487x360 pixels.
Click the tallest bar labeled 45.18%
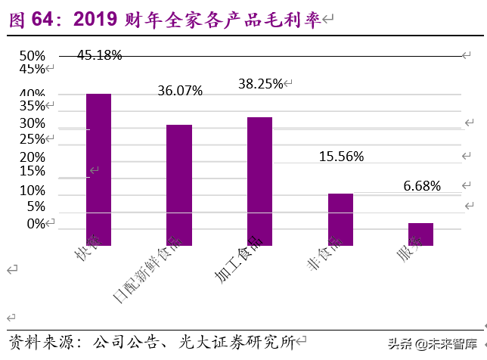pyautogui.click(x=98, y=169)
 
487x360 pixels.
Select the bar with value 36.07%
pyautogui.click(x=179, y=185)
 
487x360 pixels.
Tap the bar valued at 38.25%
pyautogui.click(x=259, y=182)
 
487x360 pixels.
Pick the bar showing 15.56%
pyautogui.click(x=340, y=219)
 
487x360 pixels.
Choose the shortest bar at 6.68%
pyautogui.click(x=420, y=234)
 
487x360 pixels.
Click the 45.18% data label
pyautogui.click(x=99, y=55)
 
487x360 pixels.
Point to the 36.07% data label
pyautogui.click(x=180, y=91)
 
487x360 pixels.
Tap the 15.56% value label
pyautogui.click(x=341, y=157)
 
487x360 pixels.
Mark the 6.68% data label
pyautogui.click(x=421, y=186)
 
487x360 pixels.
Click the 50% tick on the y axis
pyautogui.click(x=33, y=55)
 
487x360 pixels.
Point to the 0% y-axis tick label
pyautogui.click(x=36, y=223)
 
